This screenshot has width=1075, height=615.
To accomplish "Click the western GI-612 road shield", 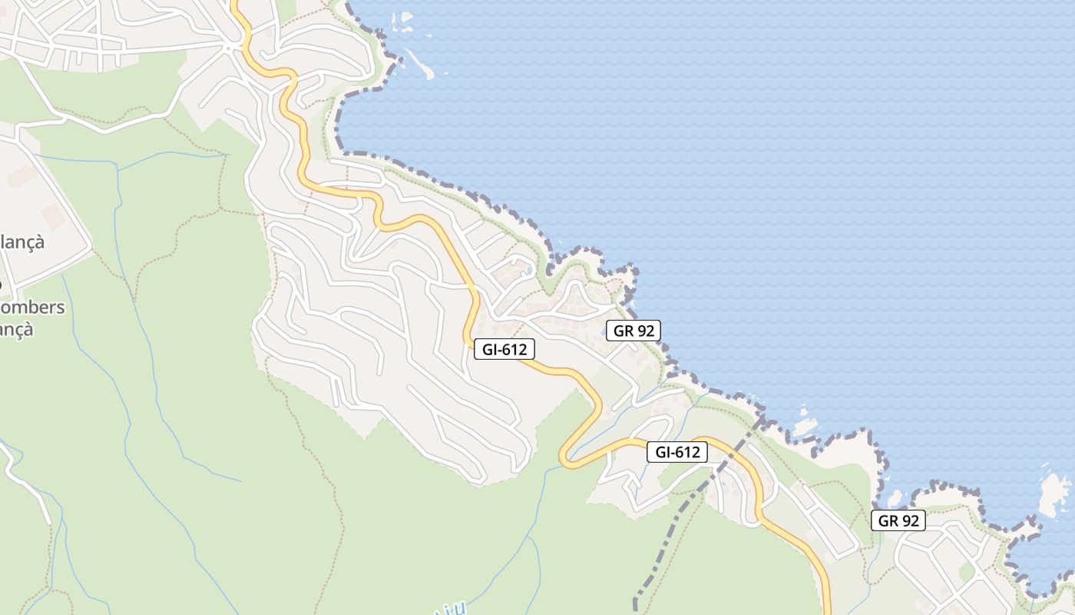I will click(x=504, y=350).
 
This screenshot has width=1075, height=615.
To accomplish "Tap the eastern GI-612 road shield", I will click(x=677, y=452).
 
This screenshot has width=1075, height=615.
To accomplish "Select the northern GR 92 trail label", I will click(x=633, y=331).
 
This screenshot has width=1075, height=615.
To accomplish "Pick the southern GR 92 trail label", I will click(x=898, y=520).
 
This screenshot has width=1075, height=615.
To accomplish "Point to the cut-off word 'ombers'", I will click(x=32, y=307).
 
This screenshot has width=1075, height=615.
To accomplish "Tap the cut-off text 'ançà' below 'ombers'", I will click(x=17, y=329).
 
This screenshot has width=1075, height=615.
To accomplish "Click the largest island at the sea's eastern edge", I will click(x=1054, y=494).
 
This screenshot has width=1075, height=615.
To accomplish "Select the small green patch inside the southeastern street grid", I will click(x=966, y=571).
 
